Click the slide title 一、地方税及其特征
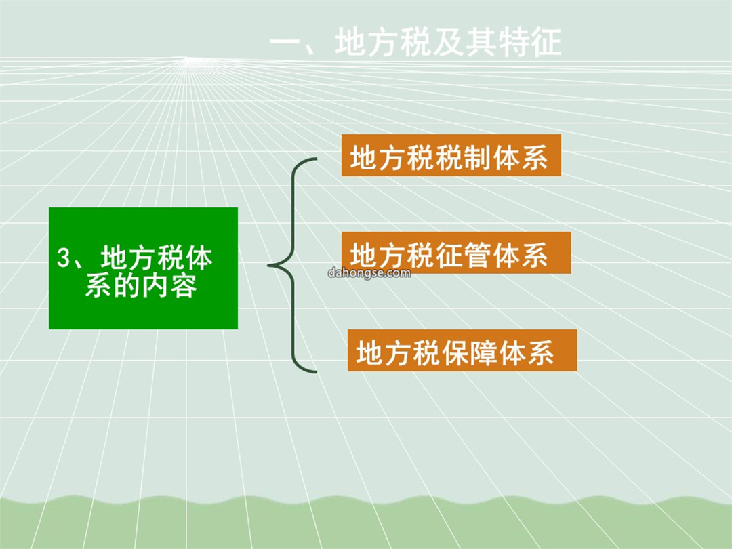point(415,42)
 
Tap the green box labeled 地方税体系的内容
point(143,268)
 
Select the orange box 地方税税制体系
point(451,155)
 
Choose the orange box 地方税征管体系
point(456,253)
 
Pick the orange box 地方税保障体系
point(462,350)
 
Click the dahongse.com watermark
point(369,272)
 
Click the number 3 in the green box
point(63,258)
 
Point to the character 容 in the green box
point(184,286)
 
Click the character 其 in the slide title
point(481,42)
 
